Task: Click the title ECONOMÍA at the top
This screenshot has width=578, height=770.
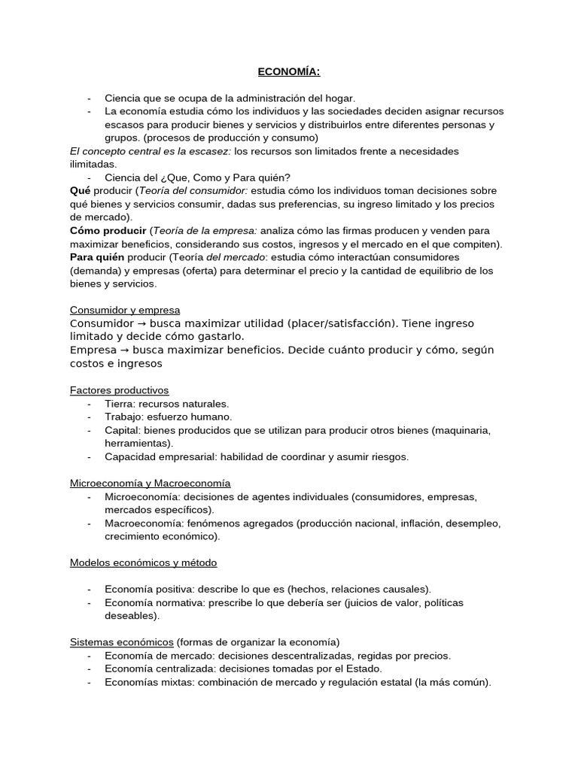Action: coord(289,72)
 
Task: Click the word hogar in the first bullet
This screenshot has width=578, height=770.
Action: coord(339,98)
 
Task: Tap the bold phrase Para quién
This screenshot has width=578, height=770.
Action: coord(96,257)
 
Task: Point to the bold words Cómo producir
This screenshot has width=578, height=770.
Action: coord(108,231)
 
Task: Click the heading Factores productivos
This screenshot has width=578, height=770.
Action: coord(120,390)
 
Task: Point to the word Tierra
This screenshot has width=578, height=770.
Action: coord(119,404)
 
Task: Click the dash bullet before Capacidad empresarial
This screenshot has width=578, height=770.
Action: coord(90,456)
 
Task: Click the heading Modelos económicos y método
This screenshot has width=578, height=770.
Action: coord(144,562)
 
